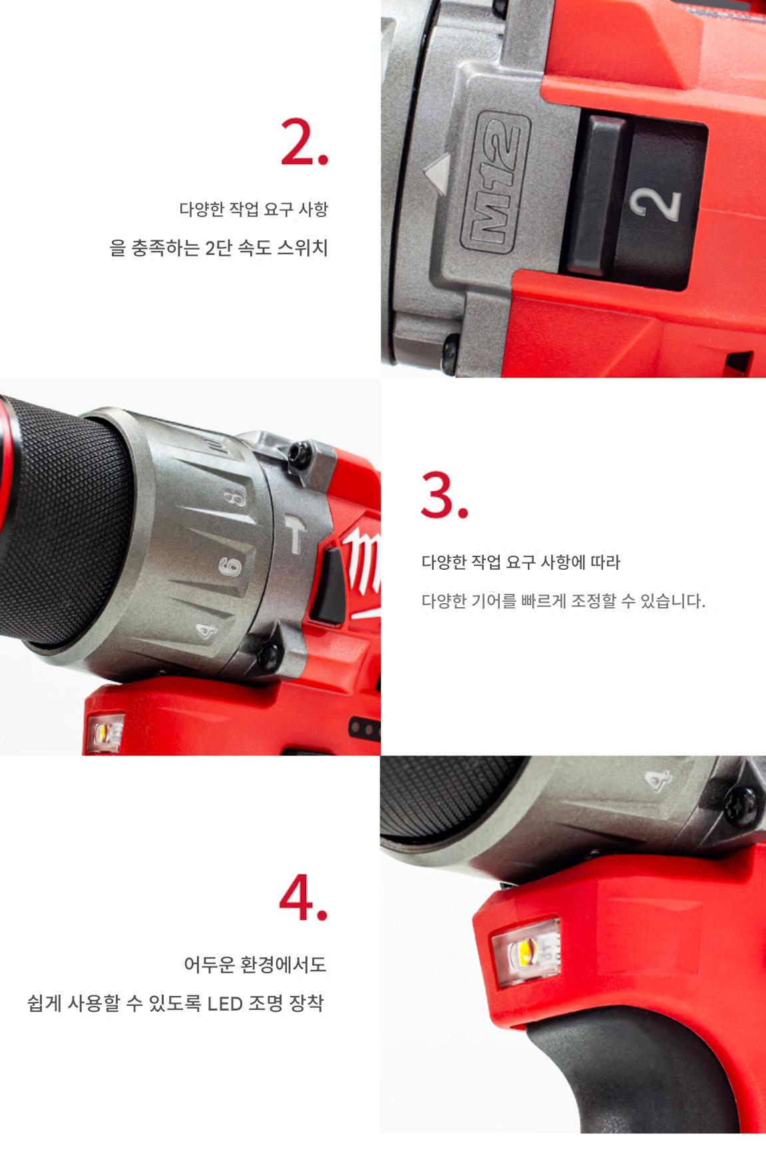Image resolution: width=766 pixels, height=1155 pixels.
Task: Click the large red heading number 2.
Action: click(303, 142)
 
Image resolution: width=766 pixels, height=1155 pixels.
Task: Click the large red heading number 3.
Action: click(444, 495)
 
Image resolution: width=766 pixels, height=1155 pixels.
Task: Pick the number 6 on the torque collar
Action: click(230, 565)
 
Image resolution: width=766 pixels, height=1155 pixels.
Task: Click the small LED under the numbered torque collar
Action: click(105, 733)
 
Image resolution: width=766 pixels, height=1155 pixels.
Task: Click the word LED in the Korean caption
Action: click(225, 1003)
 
